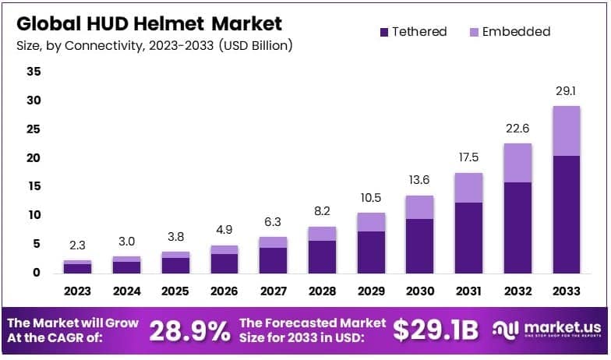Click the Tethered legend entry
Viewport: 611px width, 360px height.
(412, 32)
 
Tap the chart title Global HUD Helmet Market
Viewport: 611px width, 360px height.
(149, 23)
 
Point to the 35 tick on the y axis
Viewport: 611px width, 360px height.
(34, 72)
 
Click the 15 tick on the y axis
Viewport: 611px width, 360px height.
(34, 186)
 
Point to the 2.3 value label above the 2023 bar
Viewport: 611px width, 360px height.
(78, 245)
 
